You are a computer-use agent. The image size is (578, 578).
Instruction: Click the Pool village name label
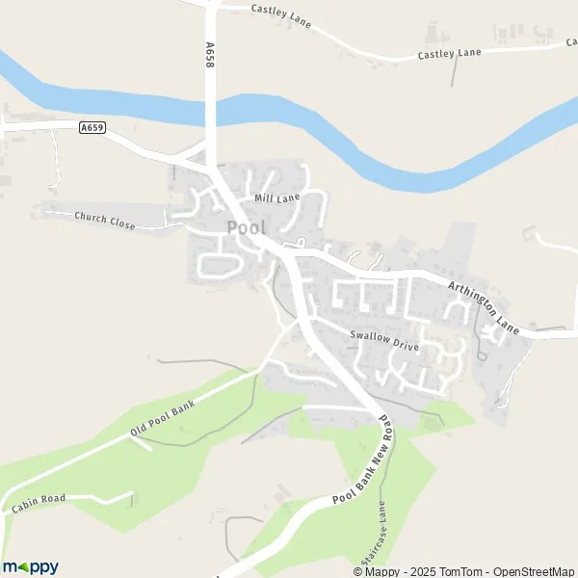click(246, 227)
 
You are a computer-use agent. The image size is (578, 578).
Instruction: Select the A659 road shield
click(92, 126)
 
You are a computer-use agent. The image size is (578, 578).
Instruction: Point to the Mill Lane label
click(276, 197)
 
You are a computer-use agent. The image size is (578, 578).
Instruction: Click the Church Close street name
click(104, 221)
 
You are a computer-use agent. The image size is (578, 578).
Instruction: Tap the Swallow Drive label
click(384, 339)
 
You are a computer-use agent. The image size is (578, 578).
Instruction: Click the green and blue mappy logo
click(31, 566)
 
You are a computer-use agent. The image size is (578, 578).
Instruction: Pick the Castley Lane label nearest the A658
click(281, 15)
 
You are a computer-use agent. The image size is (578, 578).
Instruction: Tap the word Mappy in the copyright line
click(381, 571)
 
